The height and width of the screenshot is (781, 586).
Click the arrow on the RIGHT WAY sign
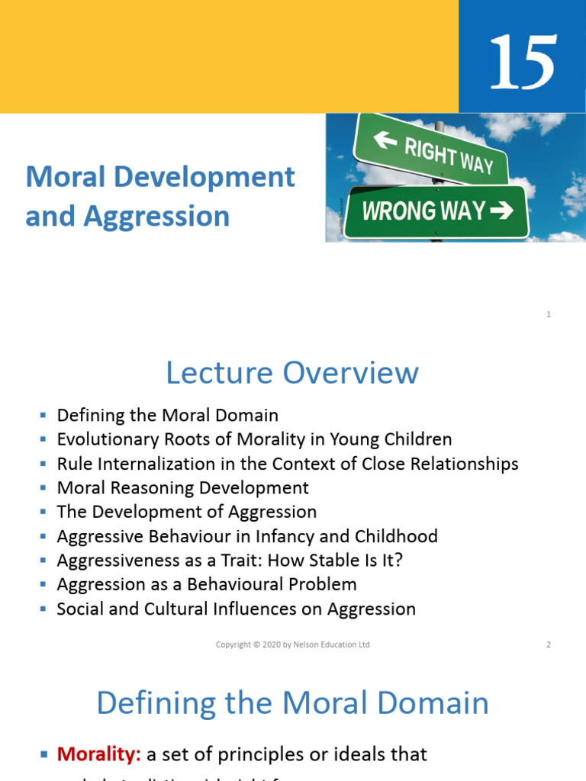click(386, 140)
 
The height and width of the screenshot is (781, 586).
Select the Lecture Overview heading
click(292, 373)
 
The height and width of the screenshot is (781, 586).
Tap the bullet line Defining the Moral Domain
click(168, 416)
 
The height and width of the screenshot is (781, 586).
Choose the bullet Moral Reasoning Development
click(183, 488)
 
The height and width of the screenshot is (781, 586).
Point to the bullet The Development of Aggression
click(187, 512)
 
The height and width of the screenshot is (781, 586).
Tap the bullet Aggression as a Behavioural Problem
click(207, 585)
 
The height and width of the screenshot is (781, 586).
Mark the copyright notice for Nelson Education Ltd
click(292, 644)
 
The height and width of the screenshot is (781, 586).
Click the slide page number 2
click(549, 644)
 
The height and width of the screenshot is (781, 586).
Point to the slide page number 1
click(549, 314)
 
